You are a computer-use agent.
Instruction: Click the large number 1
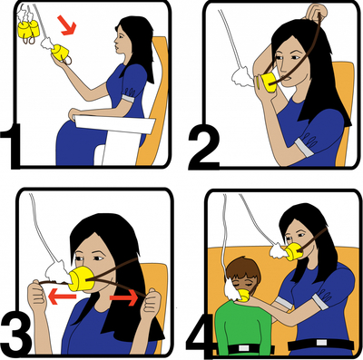tap(11, 146)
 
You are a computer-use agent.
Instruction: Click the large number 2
tap(203, 149)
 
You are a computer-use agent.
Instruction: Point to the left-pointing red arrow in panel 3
tap(62, 297)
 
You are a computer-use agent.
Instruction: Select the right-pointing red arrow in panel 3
tap(123, 298)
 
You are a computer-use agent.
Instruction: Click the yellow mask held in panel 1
tap(60, 53)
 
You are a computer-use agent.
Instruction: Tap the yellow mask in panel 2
tap(268, 83)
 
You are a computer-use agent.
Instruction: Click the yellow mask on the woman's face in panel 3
tap(82, 278)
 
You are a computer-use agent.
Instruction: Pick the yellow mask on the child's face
tap(244, 295)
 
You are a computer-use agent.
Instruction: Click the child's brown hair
tap(243, 271)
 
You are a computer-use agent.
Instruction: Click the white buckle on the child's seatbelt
tap(243, 348)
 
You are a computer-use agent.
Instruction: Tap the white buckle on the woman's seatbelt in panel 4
tap(321, 343)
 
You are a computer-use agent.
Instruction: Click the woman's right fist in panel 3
tap(37, 297)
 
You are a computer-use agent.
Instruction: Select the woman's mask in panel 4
tap(293, 251)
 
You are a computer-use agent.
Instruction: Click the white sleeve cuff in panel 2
tap(304, 148)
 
